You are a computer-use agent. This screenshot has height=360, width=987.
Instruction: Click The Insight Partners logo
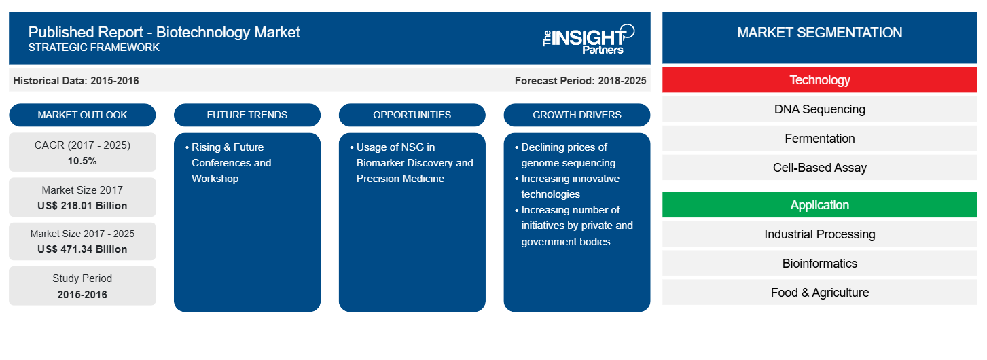point(588,39)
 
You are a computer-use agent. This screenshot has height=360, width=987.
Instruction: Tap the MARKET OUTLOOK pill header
point(82,115)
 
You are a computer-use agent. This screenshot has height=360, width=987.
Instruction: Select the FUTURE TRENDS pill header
point(247,115)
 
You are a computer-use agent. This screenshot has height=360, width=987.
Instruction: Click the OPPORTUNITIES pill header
point(412,115)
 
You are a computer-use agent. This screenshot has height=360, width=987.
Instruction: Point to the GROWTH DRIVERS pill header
point(577,115)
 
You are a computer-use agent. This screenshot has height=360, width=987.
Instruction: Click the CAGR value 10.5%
point(82,161)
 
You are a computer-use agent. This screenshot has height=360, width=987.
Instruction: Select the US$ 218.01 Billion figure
point(82,206)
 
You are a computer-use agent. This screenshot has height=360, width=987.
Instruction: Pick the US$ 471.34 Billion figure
point(82,249)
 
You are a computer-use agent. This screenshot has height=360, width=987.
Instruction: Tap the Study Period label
point(82,278)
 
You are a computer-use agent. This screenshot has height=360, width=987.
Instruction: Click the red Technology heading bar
point(819,80)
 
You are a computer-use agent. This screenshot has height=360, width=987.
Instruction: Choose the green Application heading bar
point(819,205)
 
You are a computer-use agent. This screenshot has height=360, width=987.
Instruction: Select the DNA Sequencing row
point(819,109)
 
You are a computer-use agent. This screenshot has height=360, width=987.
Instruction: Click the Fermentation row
point(819,139)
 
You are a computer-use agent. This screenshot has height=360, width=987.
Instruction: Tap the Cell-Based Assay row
point(819,168)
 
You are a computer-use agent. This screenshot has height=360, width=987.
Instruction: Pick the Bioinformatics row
point(819,264)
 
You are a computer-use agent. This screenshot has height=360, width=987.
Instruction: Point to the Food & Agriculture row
point(819,293)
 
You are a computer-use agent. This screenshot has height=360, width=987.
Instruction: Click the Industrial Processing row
point(819,234)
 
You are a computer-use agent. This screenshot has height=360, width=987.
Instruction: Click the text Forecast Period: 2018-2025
point(580,81)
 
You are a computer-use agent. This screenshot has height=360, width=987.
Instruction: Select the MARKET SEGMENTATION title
point(819,33)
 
